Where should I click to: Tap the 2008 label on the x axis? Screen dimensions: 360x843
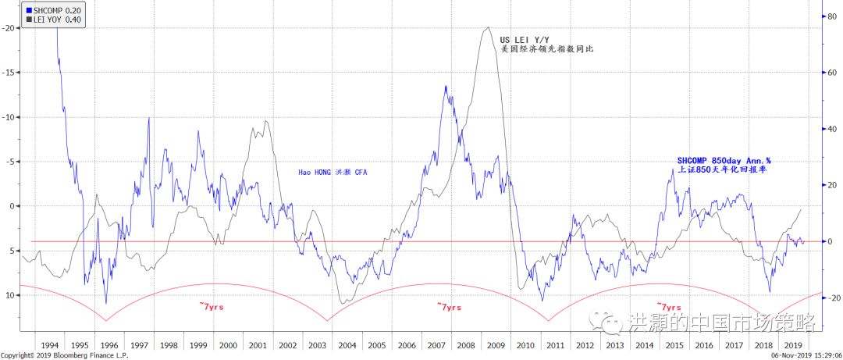(465, 344)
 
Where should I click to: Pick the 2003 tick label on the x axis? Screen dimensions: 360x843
(317, 344)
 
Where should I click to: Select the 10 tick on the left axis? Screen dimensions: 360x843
(11, 295)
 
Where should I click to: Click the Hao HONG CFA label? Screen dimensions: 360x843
(333, 173)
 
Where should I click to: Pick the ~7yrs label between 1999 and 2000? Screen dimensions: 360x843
(212, 308)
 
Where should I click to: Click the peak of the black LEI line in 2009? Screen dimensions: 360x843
(488, 28)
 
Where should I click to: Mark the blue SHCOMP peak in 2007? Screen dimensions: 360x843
(445, 87)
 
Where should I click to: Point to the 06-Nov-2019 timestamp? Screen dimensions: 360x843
(796, 355)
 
